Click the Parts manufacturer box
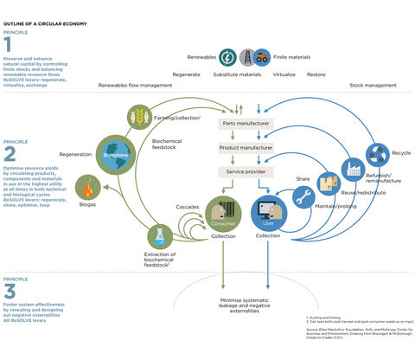point(245,125)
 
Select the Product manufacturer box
point(245,148)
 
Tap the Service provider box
point(245,172)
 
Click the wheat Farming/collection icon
point(137,115)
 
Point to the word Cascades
point(188,207)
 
